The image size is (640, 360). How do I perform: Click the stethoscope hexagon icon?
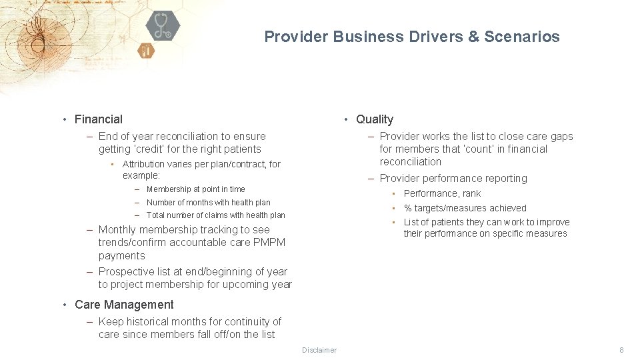tap(163, 26)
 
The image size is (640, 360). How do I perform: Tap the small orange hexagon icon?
tap(146, 51)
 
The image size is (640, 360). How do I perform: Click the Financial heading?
tap(99, 119)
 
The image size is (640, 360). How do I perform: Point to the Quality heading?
tap(374, 119)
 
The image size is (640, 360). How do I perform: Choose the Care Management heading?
tap(124, 305)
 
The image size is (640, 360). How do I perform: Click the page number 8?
tap(621, 350)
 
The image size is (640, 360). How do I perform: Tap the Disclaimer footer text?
tap(319, 350)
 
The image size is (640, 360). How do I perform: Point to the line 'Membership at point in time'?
tap(195, 189)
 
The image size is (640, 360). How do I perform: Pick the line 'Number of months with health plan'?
tap(208, 202)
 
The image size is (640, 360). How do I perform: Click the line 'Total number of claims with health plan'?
tap(215, 215)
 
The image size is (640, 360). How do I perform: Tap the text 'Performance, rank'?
tap(442, 193)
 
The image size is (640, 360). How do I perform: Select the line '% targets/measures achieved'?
tap(465, 208)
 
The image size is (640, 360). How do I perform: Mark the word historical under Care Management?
tap(150, 321)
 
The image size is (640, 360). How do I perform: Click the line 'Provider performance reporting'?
tap(453, 179)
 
